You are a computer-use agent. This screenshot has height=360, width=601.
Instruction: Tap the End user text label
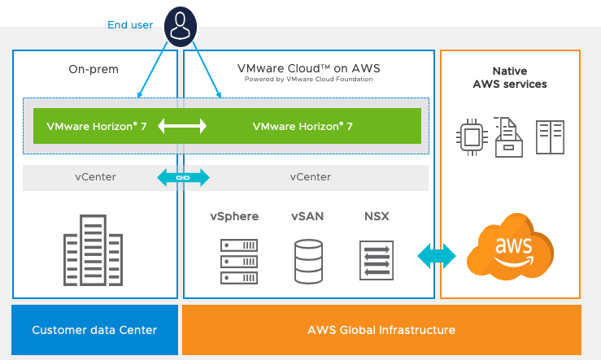130,25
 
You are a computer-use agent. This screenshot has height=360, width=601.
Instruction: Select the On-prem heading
94,69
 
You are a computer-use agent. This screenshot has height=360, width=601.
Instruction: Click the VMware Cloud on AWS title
308,68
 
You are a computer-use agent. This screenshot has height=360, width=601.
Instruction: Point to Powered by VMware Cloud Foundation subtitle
308,80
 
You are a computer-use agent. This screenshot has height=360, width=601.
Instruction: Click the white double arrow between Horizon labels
182,126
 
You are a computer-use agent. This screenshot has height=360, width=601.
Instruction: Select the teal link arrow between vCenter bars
182,177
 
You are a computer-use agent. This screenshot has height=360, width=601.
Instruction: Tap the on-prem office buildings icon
94,249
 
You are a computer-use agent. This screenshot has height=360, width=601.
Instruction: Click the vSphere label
234,216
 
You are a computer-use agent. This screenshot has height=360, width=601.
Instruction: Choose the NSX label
377,216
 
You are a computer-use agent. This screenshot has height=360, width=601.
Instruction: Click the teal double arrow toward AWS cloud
437,255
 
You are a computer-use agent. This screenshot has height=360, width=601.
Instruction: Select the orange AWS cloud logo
510,246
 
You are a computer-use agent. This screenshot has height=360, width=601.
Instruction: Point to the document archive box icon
510,137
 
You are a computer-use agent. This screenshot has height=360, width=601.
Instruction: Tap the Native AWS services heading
510,77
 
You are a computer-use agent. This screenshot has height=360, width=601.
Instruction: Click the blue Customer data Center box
94,330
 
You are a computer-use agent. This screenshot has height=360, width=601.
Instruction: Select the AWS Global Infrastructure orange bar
381,330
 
